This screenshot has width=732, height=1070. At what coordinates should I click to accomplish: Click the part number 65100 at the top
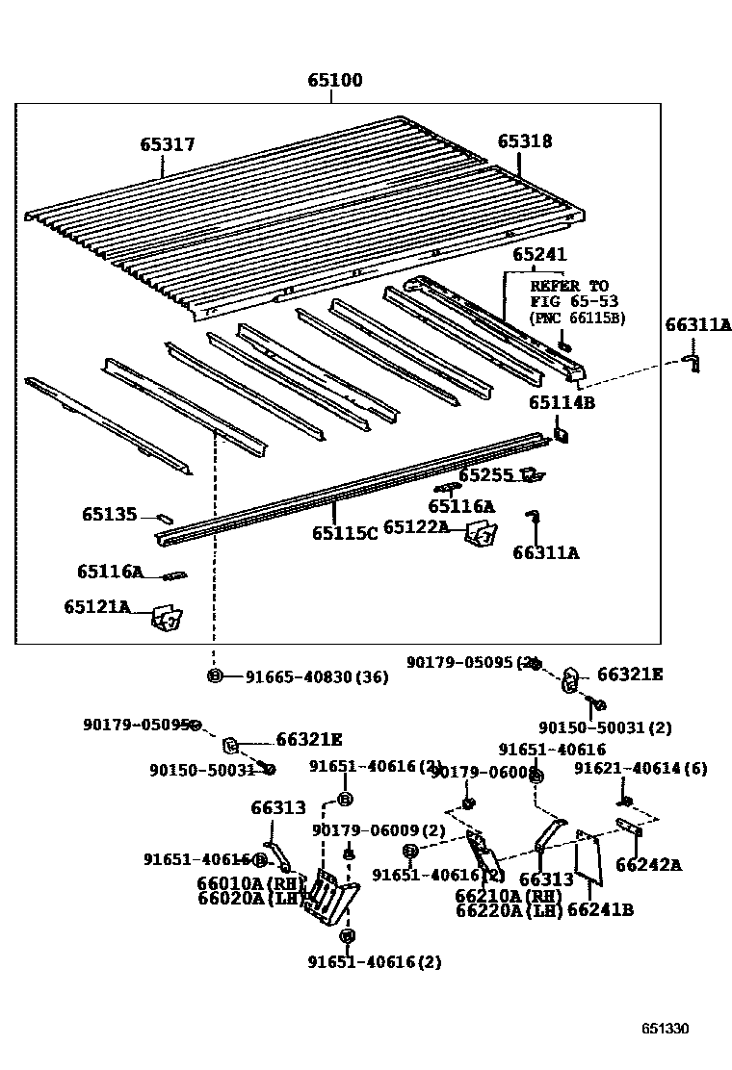coord(335,81)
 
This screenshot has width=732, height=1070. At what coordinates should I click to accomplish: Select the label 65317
coord(168,145)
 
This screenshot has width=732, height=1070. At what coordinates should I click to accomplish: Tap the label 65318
coord(525,141)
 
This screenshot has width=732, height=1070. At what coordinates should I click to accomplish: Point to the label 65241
coord(539,255)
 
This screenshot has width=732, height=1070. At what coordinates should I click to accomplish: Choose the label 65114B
coord(562,403)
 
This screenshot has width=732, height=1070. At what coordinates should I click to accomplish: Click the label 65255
coord(486,475)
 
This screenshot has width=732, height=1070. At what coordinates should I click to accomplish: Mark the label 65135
coord(109,515)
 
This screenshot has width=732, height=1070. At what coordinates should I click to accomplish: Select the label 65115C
coord(345,533)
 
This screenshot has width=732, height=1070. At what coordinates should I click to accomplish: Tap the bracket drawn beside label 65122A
coord(481,534)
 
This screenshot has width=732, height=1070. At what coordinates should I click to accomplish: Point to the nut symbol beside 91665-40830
coord(215,676)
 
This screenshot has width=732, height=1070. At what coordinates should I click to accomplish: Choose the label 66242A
coord(648,864)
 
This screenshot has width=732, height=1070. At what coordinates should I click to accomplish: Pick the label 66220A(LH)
coord(509,909)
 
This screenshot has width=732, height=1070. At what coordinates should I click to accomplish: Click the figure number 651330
coord(666,1029)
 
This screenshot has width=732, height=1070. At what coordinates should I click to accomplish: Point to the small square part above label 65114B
coord(562,436)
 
